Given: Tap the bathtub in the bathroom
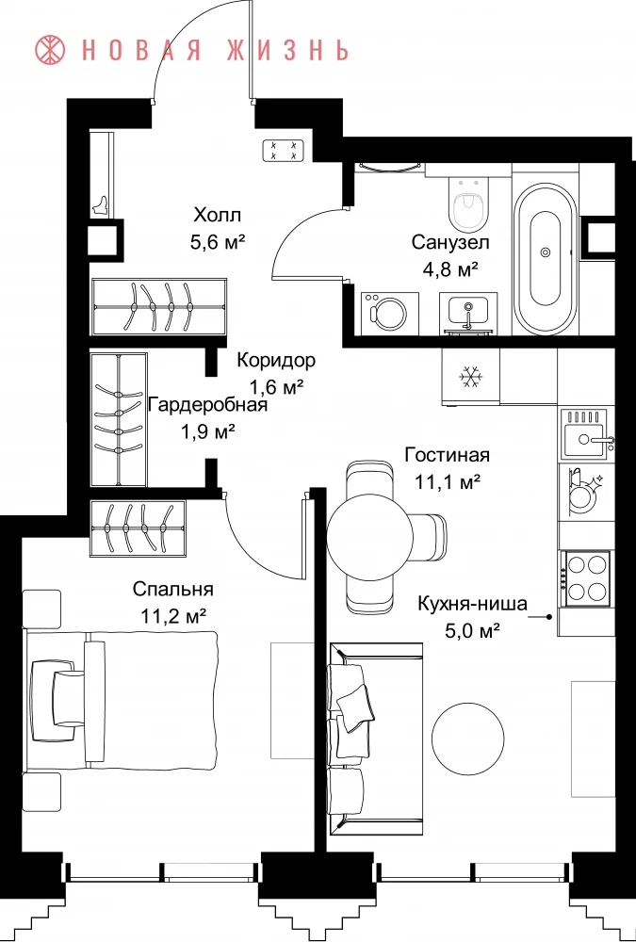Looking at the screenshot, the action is click(x=546, y=258).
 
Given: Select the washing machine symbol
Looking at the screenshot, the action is click(x=390, y=313).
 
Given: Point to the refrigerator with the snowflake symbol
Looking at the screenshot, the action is click(x=471, y=376).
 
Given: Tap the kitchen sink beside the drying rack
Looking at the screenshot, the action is click(x=587, y=432).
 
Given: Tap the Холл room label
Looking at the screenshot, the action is click(x=217, y=214).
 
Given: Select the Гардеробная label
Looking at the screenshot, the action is click(x=207, y=404).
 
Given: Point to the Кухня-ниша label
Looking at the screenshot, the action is click(x=472, y=603).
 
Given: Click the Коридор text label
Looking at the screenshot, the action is click(x=275, y=361).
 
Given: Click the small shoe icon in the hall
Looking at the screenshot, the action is click(x=100, y=205).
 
